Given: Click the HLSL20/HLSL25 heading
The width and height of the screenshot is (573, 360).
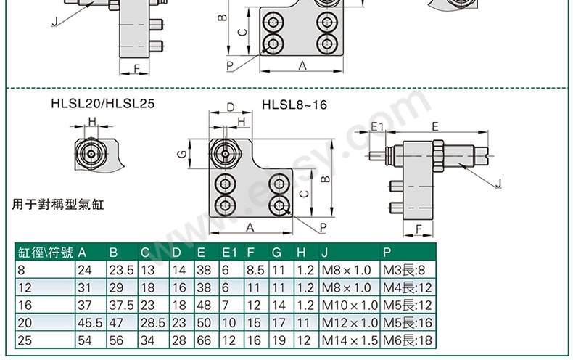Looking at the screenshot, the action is tap(103, 104).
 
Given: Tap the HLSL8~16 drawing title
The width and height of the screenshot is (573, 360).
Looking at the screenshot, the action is tap(294, 105).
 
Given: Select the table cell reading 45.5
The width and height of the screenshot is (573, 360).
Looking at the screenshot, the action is tap(90, 323).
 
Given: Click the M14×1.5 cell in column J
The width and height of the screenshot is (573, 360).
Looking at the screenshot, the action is tap(350, 340).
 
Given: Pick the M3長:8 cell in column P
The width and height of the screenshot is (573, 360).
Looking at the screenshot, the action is tap(404, 270).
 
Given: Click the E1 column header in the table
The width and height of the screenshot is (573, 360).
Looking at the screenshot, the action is tap(229, 253).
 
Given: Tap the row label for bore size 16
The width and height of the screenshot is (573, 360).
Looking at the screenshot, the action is tap(25, 305).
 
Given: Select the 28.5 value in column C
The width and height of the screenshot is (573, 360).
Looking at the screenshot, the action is tap(153, 323).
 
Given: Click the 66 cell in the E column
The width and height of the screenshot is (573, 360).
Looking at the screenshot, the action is tap(204, 340).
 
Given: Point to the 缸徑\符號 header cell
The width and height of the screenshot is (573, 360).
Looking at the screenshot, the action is tap(45, 253).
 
